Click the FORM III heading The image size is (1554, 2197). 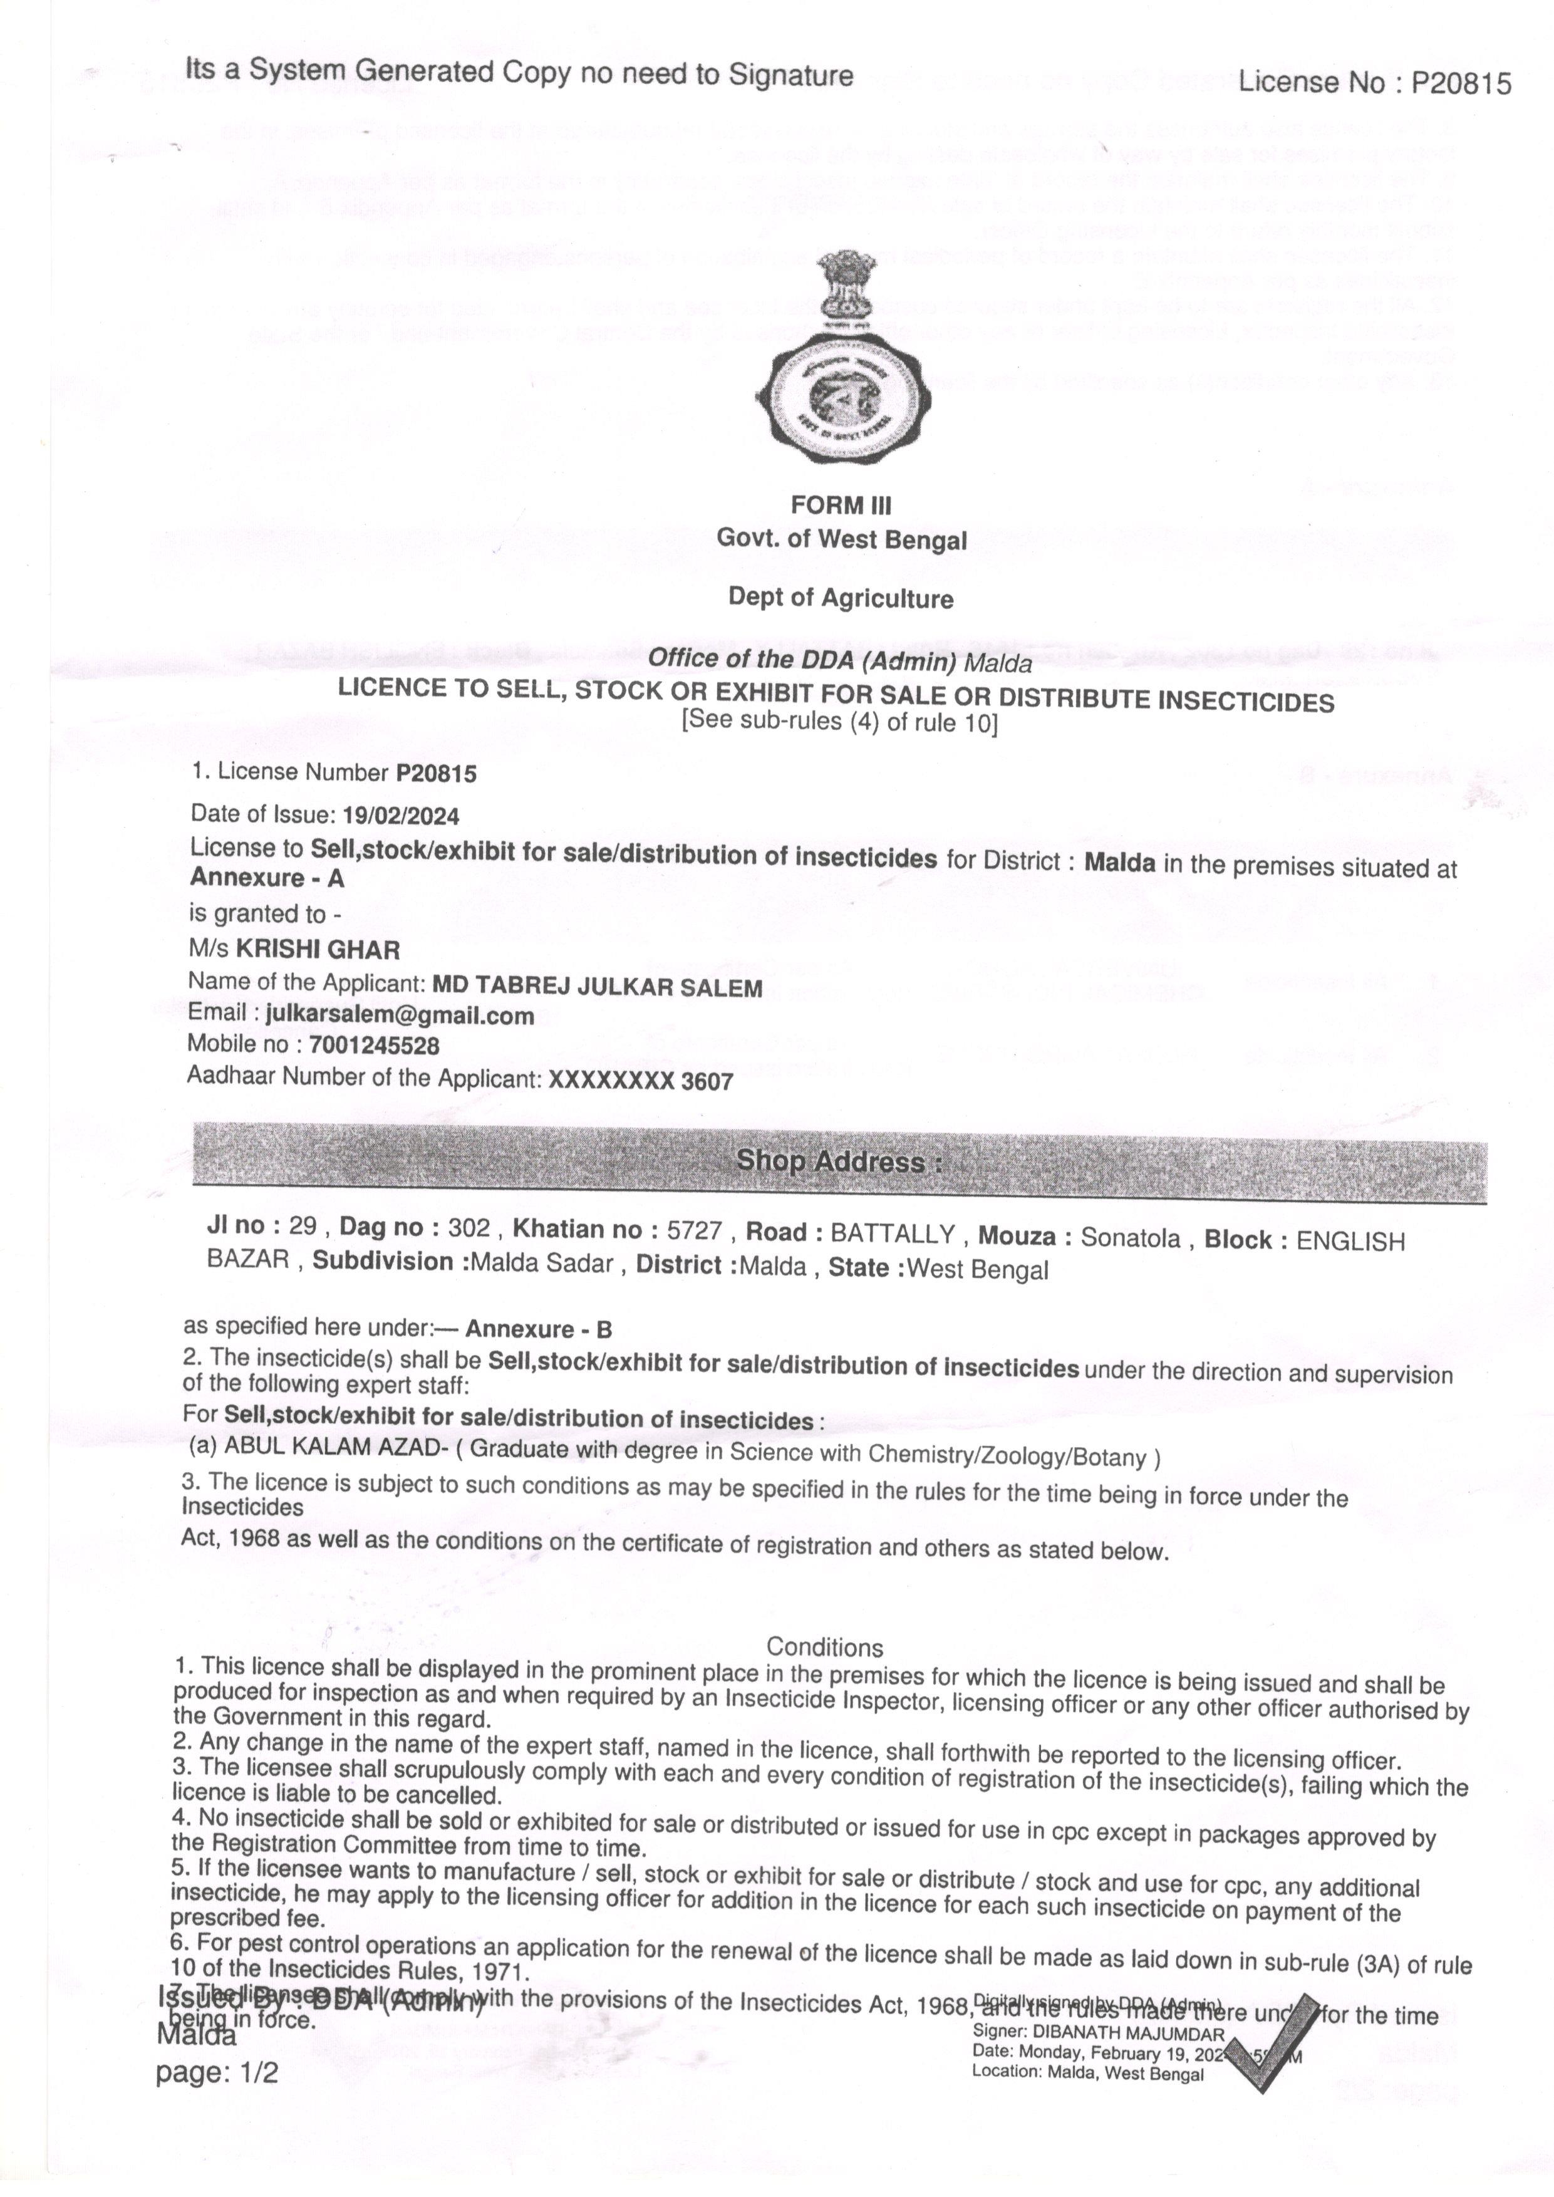pos(841,504)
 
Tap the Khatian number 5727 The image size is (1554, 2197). pos(695,1230)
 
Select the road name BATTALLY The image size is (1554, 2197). pos(892,1234)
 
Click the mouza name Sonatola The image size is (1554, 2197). pos(1130,1239)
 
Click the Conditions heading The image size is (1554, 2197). pos(825,1648)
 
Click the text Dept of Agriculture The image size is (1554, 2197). pos(841,598)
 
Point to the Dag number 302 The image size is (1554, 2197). pos(469,1228)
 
